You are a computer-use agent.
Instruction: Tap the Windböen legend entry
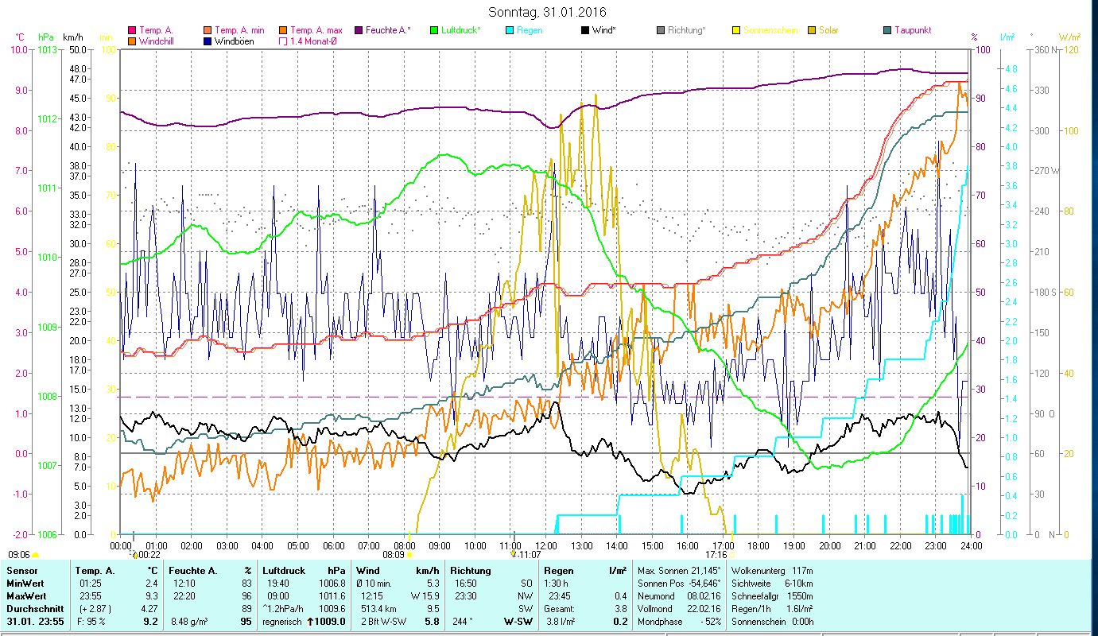234,41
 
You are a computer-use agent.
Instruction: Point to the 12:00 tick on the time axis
546,545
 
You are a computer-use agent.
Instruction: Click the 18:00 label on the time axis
759,545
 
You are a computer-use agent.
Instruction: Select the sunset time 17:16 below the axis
716,554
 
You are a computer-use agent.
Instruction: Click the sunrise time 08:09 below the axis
394,554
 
